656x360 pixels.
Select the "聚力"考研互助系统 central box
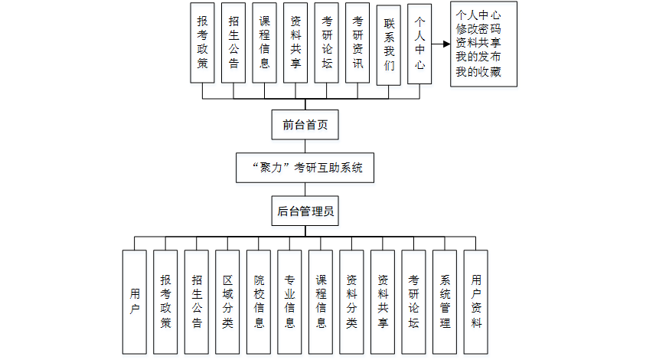point(305,167)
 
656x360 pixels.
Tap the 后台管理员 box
point(305,211)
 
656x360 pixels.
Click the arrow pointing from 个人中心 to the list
point(442,44)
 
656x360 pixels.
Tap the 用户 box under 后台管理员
point(135,302)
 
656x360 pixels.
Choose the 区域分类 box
point(227,302)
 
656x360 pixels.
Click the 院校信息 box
point(259,302)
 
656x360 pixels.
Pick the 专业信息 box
point(290,302)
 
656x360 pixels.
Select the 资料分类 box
point(351,302)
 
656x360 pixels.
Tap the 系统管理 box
point(445,302)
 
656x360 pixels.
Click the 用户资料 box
point(476,302)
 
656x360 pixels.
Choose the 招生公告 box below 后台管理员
point(197,302)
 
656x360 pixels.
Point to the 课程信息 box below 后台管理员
point(321,302)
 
